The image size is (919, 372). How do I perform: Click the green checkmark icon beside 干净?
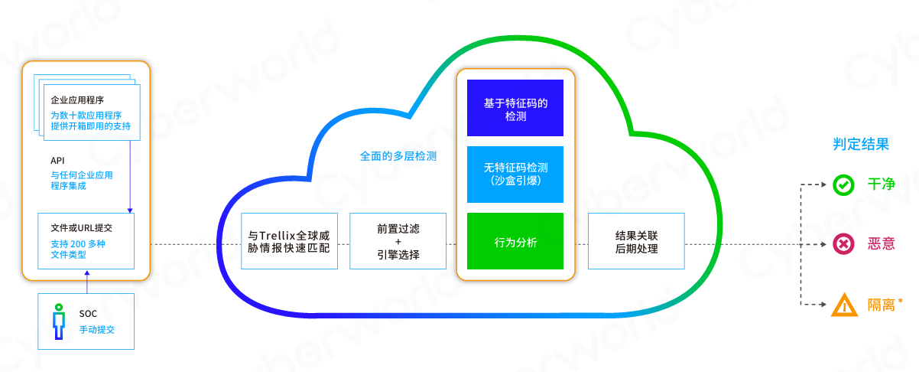(844, 184)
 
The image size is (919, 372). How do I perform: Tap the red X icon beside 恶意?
(844, 244)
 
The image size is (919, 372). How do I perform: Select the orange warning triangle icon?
(844, 305)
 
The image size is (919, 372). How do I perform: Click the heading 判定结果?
(860, 144)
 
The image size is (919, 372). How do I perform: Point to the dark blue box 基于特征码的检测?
(515, 108)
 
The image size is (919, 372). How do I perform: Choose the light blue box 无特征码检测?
(515, 174)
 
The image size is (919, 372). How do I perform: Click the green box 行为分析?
(515, 242)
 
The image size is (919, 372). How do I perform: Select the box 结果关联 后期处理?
(636, 242)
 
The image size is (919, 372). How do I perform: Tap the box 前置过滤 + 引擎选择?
(398, 242)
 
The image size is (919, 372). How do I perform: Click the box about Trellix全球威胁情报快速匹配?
(289, 242)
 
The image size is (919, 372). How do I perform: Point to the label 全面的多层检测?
(398, 155)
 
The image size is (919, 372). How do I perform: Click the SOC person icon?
(57, 321)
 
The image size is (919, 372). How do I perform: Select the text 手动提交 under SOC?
(96, 329)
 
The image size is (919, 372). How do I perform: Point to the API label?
(57, 161)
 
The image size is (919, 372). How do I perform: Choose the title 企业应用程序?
(77, 100)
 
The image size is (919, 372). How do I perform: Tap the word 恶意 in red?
(881, 244)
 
